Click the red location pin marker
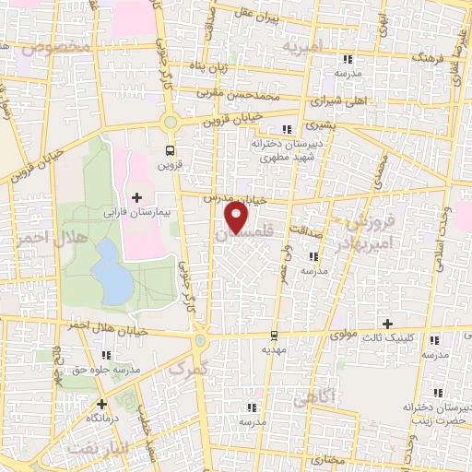click(x=237, y=218)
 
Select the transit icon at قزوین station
click(x=170, y=149)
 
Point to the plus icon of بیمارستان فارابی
click(x=136, y=197)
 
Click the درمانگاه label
click(x=101, y=418)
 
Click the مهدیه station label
click(x=274, y=350)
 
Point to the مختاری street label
click(x=325, y=457)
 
